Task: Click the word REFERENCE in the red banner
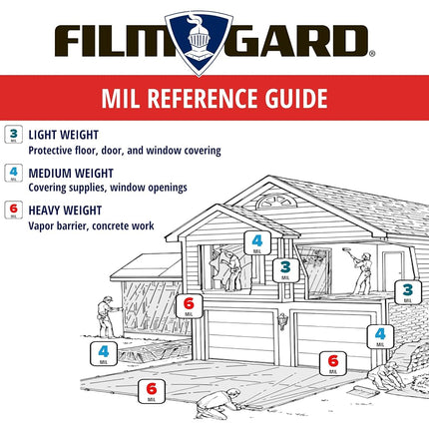[x=203, y=98]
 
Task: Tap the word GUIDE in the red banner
[x=296, y=98]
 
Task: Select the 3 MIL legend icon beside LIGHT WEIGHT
[x=14, y=135]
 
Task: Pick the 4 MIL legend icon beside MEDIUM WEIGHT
[x=14, y=173]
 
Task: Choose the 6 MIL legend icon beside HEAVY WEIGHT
[x=14, y=210]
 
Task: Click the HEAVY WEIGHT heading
[x=65, y=211]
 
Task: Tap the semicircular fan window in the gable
[x=274, y=202]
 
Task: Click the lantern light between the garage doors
[x=282, y=321]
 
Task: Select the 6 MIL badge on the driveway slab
[x=152, y=391]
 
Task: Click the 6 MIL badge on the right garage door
[x=333, y=363]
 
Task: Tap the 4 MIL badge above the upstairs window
[x=257, y=243]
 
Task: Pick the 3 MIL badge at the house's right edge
[x=408, y=292]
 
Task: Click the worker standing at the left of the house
[x=107, y=316]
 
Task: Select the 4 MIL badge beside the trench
[x=104, y=353]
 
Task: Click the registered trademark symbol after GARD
[x=372, y=53]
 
